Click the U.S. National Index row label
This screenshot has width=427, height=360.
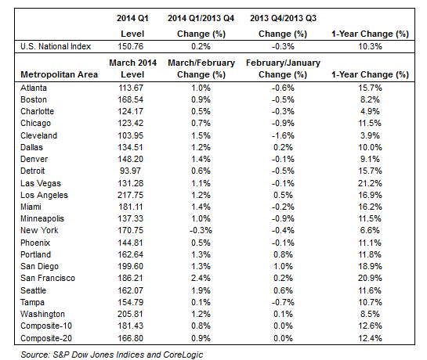click(x=56, y=46)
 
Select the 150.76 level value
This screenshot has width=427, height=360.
click(x=130, y=46)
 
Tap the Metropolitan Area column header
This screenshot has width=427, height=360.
click(x=59, y=74)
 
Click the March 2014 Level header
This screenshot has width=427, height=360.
click(x=132, y=69)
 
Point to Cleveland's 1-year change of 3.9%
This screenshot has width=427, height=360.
click(x=370, y=135)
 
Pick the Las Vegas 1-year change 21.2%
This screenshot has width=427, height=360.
click(x=370, y=183)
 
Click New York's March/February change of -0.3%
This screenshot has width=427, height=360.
click(x=201, y=230)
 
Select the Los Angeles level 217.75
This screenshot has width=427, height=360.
click(x=130, y=195)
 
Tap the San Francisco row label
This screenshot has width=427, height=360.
click(x=48, y=278)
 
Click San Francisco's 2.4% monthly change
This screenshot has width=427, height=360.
click(x=201, y=278)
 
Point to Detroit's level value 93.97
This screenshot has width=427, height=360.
click(x=130, y=171)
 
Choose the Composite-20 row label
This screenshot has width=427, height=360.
click(x=46, y=338)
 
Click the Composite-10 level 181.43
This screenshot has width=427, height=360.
click(x=130, y=326)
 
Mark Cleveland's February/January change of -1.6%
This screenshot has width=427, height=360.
click(x=283, y=135)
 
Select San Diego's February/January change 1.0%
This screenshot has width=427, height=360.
click(x=283, y=266)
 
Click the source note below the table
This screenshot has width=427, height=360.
click(x=112, y=355)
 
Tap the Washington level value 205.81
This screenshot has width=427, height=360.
click(x=130, y=314)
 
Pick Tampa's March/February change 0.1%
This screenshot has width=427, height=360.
click(x=201, y=302)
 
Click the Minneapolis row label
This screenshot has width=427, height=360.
click(x=42, y=218)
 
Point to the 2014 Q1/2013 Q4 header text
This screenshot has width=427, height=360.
click(x=201, y=18)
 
